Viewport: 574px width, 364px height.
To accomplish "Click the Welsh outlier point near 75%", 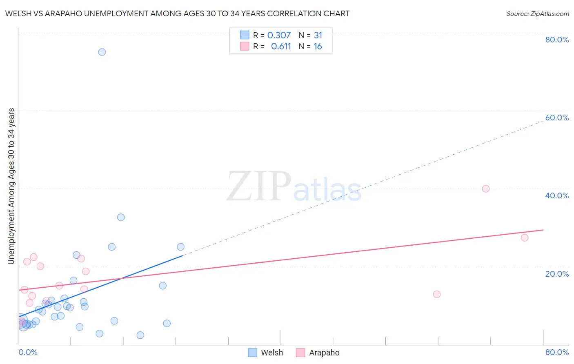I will click(102, 52).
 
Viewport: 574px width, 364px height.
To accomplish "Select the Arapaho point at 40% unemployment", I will click(485, 189).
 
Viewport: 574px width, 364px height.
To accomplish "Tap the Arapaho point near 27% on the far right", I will click(525, 237).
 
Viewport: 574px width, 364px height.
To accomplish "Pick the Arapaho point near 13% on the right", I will click(437, 294).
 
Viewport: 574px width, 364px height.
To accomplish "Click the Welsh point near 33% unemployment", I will click(121, 217).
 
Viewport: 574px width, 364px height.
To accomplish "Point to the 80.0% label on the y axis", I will click(557, 40).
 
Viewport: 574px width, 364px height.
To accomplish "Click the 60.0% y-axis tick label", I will click(557, 118).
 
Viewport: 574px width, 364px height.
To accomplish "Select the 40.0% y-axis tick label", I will click(557, 195).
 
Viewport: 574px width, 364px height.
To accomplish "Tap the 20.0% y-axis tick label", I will click(557, 274).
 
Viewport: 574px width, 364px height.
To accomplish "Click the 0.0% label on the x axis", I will click(28, 352).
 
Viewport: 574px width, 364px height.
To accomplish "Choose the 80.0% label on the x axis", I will click(557, 352).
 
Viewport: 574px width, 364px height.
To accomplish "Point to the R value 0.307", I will click(279, 36).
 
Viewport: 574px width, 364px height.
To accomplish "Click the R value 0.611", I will click(281, 47).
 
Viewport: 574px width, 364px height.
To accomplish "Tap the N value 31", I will click(318, 36).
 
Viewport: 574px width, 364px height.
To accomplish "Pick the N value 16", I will click(318, 47).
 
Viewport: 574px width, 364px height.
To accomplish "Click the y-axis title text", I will click(11, 186).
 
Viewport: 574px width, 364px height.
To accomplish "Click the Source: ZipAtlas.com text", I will click(537, 14).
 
